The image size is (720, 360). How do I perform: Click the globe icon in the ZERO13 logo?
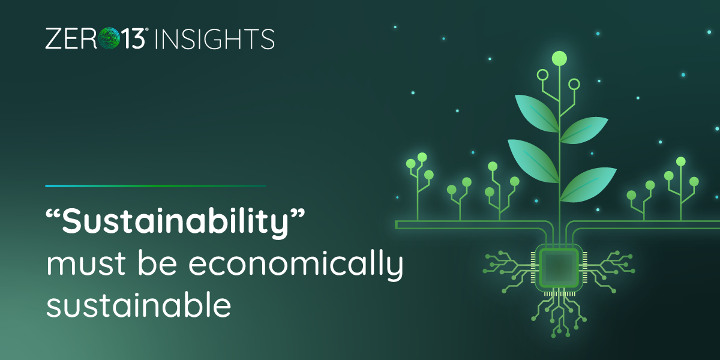click(109, 38)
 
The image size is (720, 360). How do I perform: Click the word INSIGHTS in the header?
click(215, 39)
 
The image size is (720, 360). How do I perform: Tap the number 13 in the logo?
click(133, 38)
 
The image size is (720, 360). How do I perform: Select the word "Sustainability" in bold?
click(175, 222)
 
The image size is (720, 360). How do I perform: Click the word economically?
click(296, 264)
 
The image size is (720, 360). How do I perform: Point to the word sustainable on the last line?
click(139, 305)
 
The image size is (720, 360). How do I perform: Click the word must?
click(86, 265)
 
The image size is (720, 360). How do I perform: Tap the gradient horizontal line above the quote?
click(155, 186)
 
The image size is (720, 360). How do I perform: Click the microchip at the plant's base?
click(559, 268)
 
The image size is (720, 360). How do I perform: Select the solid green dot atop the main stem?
click(559, 59)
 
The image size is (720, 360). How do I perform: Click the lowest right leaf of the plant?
click(588, 185)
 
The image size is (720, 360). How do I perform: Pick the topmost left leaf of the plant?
click(537, 113)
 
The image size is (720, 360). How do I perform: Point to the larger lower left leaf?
click(533, 161)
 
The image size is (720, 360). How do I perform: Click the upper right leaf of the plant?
click(584, 130)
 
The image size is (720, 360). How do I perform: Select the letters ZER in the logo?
click(71, 39)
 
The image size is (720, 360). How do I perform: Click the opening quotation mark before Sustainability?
click(53, 214)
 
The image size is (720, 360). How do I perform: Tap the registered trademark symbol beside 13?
click(147, 29)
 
